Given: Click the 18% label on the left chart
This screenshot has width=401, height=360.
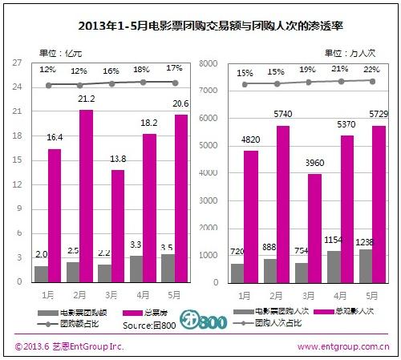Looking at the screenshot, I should click(x=141, y=70).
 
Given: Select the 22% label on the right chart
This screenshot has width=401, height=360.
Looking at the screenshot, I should click(x=373, y=69).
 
